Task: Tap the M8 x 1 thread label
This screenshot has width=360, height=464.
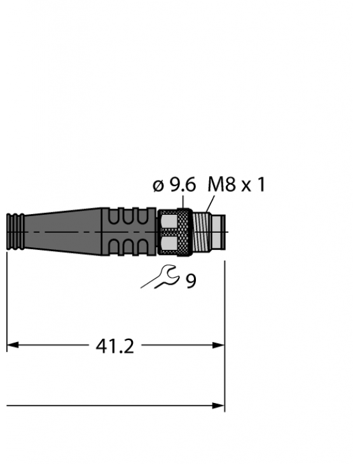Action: tap(236, 184)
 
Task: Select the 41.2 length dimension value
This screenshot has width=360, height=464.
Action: tap(114, 346)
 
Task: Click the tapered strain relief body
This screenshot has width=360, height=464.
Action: tap(64, 233)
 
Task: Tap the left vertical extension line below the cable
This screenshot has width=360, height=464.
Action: tap(7, 299)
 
